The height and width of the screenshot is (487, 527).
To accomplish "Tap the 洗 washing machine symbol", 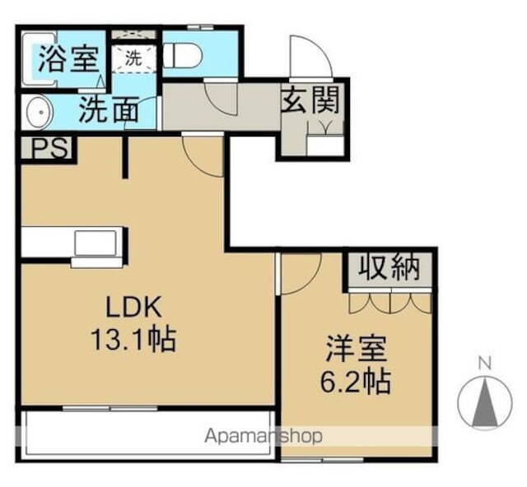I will click(x=133, y=58).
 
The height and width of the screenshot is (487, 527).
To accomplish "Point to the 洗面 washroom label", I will click(x=108, y=110).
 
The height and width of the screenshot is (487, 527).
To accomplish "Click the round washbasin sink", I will click(x=37, y=113).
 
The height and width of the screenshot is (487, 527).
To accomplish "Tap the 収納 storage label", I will click(x=389, y=268).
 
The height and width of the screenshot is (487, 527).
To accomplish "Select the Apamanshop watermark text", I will click(x=263, y=436).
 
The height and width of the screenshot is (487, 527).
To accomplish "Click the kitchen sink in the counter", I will click(x=96, y=244).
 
